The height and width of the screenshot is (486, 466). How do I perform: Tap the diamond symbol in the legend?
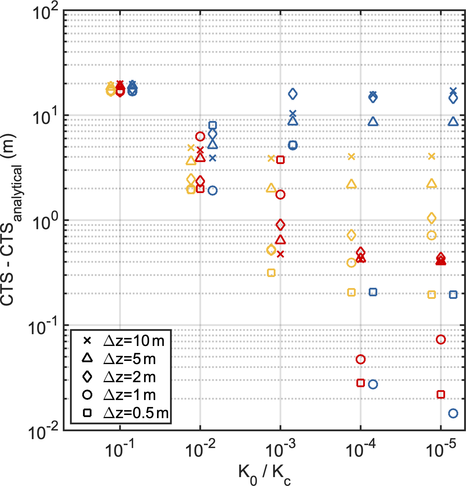pos(87,377)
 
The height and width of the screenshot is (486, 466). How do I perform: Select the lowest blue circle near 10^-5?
pos(453,413)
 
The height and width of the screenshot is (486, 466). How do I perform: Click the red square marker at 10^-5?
pos(441,394)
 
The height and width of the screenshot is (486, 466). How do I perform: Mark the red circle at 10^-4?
pos(360,359)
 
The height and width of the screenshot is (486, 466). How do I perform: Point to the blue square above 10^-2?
pos(212,125)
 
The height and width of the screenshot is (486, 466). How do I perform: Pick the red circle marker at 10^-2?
pos(200,136)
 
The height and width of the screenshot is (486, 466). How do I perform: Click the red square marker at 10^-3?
pos(280,160)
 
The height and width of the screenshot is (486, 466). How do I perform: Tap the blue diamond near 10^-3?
pos(293,94)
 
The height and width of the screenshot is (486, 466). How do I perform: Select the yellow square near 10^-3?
pos(271,273)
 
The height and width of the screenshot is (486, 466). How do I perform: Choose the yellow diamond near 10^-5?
pos(432,218)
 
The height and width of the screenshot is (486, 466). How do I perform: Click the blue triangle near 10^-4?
pos(373,122)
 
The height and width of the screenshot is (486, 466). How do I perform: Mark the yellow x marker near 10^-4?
pos(351,157)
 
